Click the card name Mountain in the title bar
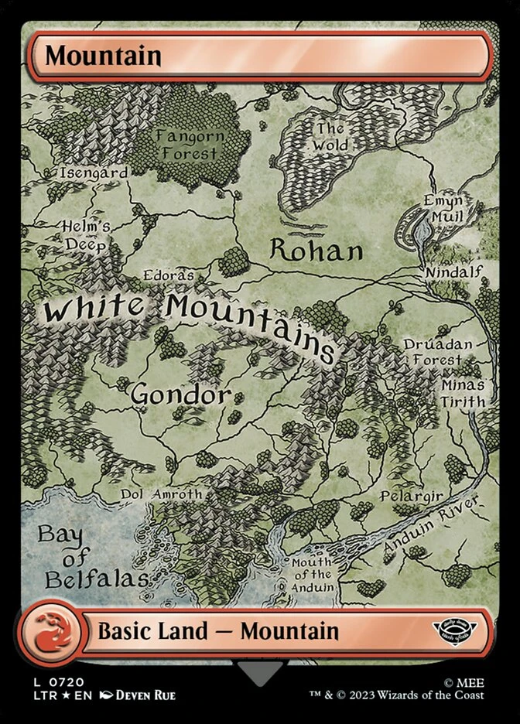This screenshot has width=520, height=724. pyautogui.click(x=103, y=56)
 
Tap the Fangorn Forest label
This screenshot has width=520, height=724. pyautogui.click(x=190, y=144)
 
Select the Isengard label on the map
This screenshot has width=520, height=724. pyautogui.click(x=94, y=173)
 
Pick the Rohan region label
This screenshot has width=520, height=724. pyautogui.click(x=316, y=251)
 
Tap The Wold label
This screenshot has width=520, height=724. pyautogui.click(x=330, y=137)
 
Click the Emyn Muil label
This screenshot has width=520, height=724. pyautogui.click(x=443, y=208)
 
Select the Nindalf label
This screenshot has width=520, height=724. pyautogui.click(x=453, y=271)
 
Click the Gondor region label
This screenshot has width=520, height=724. pyautogui.click(x=180, y=394)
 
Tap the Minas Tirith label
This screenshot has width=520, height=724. pyautogui.click(x=463, y=393)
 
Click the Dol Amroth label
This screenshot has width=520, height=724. pyautogui.click(x=162, y=494)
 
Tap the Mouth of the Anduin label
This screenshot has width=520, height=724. pyautogui.click(x=312, y=575)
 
